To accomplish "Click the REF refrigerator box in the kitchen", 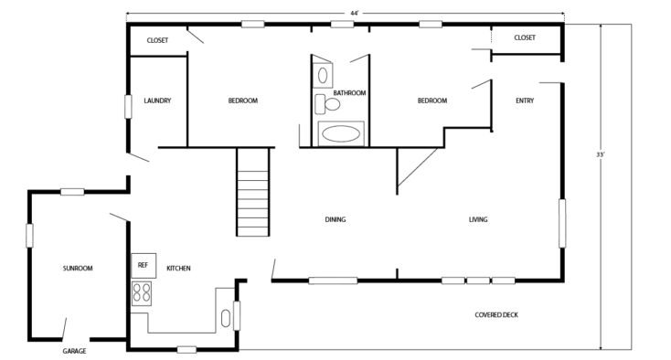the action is [144, 266].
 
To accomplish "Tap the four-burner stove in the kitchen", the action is [142, 293].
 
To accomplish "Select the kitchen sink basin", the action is [226, 319].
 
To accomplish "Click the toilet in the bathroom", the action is [327, 104].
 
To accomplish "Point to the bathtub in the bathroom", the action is [341, 133].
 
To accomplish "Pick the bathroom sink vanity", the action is [322, 76].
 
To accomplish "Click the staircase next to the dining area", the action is [253, 192].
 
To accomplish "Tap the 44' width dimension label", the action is [355, 14].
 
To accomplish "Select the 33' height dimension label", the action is [601, 154].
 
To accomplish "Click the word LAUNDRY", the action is [157, 101].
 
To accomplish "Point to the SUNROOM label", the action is [78, 269].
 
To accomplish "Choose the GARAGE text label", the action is [74, 351].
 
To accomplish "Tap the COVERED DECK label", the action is [496, 315].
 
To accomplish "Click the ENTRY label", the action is [525, 101].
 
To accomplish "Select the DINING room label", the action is [335, 220].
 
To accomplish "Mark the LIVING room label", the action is [478, 220].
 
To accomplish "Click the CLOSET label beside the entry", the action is [525, 37].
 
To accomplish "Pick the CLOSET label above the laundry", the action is [157, 40].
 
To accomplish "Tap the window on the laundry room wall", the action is [128, 107].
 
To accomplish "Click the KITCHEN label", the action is [178, 269].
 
